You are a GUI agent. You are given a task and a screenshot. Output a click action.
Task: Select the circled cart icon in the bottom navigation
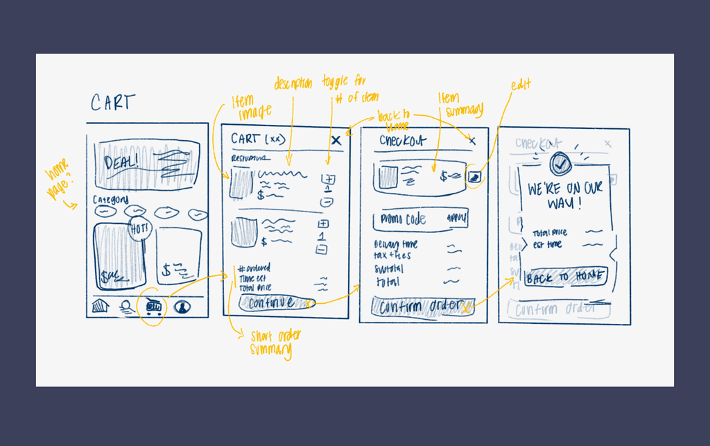[x=153, y=305]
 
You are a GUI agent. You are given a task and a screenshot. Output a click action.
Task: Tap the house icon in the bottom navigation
[x=101, y=306]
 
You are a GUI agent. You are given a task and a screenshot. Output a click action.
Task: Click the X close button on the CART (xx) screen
[x=336, y=141]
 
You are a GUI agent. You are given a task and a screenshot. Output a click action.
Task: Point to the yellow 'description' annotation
[x=293, y=83]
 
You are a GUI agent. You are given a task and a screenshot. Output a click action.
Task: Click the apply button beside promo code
[x=456, y=218]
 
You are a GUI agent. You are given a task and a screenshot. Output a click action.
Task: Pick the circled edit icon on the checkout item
[x=474, y=177]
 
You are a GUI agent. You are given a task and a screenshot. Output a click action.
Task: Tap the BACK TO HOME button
[x=565, y=277]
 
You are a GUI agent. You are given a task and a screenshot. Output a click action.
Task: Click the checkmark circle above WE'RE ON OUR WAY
[x=561, y=164]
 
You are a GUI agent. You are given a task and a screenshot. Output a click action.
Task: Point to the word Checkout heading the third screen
[x=404, y=141]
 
